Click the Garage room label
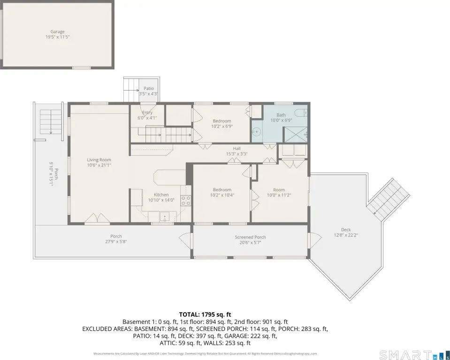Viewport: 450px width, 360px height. click(x=57, y=31)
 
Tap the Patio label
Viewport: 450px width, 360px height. click(x=149, y=89)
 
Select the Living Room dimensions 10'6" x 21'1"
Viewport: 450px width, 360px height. click(x=99, y=165)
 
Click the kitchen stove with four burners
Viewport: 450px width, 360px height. click(x=186, y=200)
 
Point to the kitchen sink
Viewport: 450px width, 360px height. click(x=165, y=217)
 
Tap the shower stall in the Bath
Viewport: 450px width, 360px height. click(x=296, y=135)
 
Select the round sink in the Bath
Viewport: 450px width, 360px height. click(x=256, y=132)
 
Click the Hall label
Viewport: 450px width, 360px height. click(x=237, y=149)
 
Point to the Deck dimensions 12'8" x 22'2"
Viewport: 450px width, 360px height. click(x=346, y=235)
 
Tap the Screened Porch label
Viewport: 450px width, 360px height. click(x=250, y=237)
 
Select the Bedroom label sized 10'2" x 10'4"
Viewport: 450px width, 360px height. click(x=222, y=192)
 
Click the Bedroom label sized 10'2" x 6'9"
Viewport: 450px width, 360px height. click(x=222, y=124)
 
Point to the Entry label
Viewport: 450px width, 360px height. click(x=147, y=112)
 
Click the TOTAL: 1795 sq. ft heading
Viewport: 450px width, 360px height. click(x=205, y=315)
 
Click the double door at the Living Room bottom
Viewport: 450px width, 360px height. click(x=97, y=218)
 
